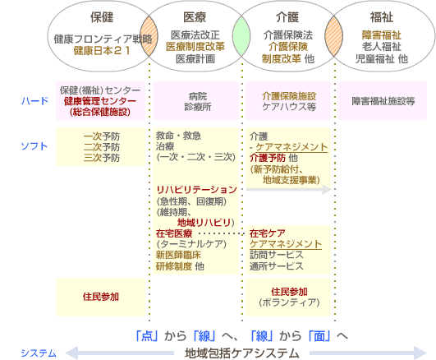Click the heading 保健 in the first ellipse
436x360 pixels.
(102, 17)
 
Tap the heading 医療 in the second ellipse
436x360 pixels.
(195, 17)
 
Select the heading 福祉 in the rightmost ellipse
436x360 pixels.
(382, 17)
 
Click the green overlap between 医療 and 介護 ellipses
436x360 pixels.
(241, 36)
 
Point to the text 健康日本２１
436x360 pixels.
(102, 51)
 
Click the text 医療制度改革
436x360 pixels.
(195, 47)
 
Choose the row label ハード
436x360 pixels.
(35, 101)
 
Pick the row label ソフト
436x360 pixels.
(34, 146)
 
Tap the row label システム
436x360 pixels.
(39, 353)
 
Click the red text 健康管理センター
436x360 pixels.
(100, 101)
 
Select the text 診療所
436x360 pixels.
(198, 107)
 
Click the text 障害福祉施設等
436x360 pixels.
(383, 101)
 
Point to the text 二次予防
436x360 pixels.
(102, 147)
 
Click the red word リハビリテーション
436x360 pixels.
(196, 190)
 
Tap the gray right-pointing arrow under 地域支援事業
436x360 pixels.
(289, 190)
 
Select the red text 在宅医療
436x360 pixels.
(174, 233)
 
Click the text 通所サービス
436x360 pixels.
(277, 266)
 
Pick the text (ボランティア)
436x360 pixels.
(289, 302)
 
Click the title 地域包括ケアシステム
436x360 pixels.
(242, 353)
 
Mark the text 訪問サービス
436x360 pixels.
(277, 255)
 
